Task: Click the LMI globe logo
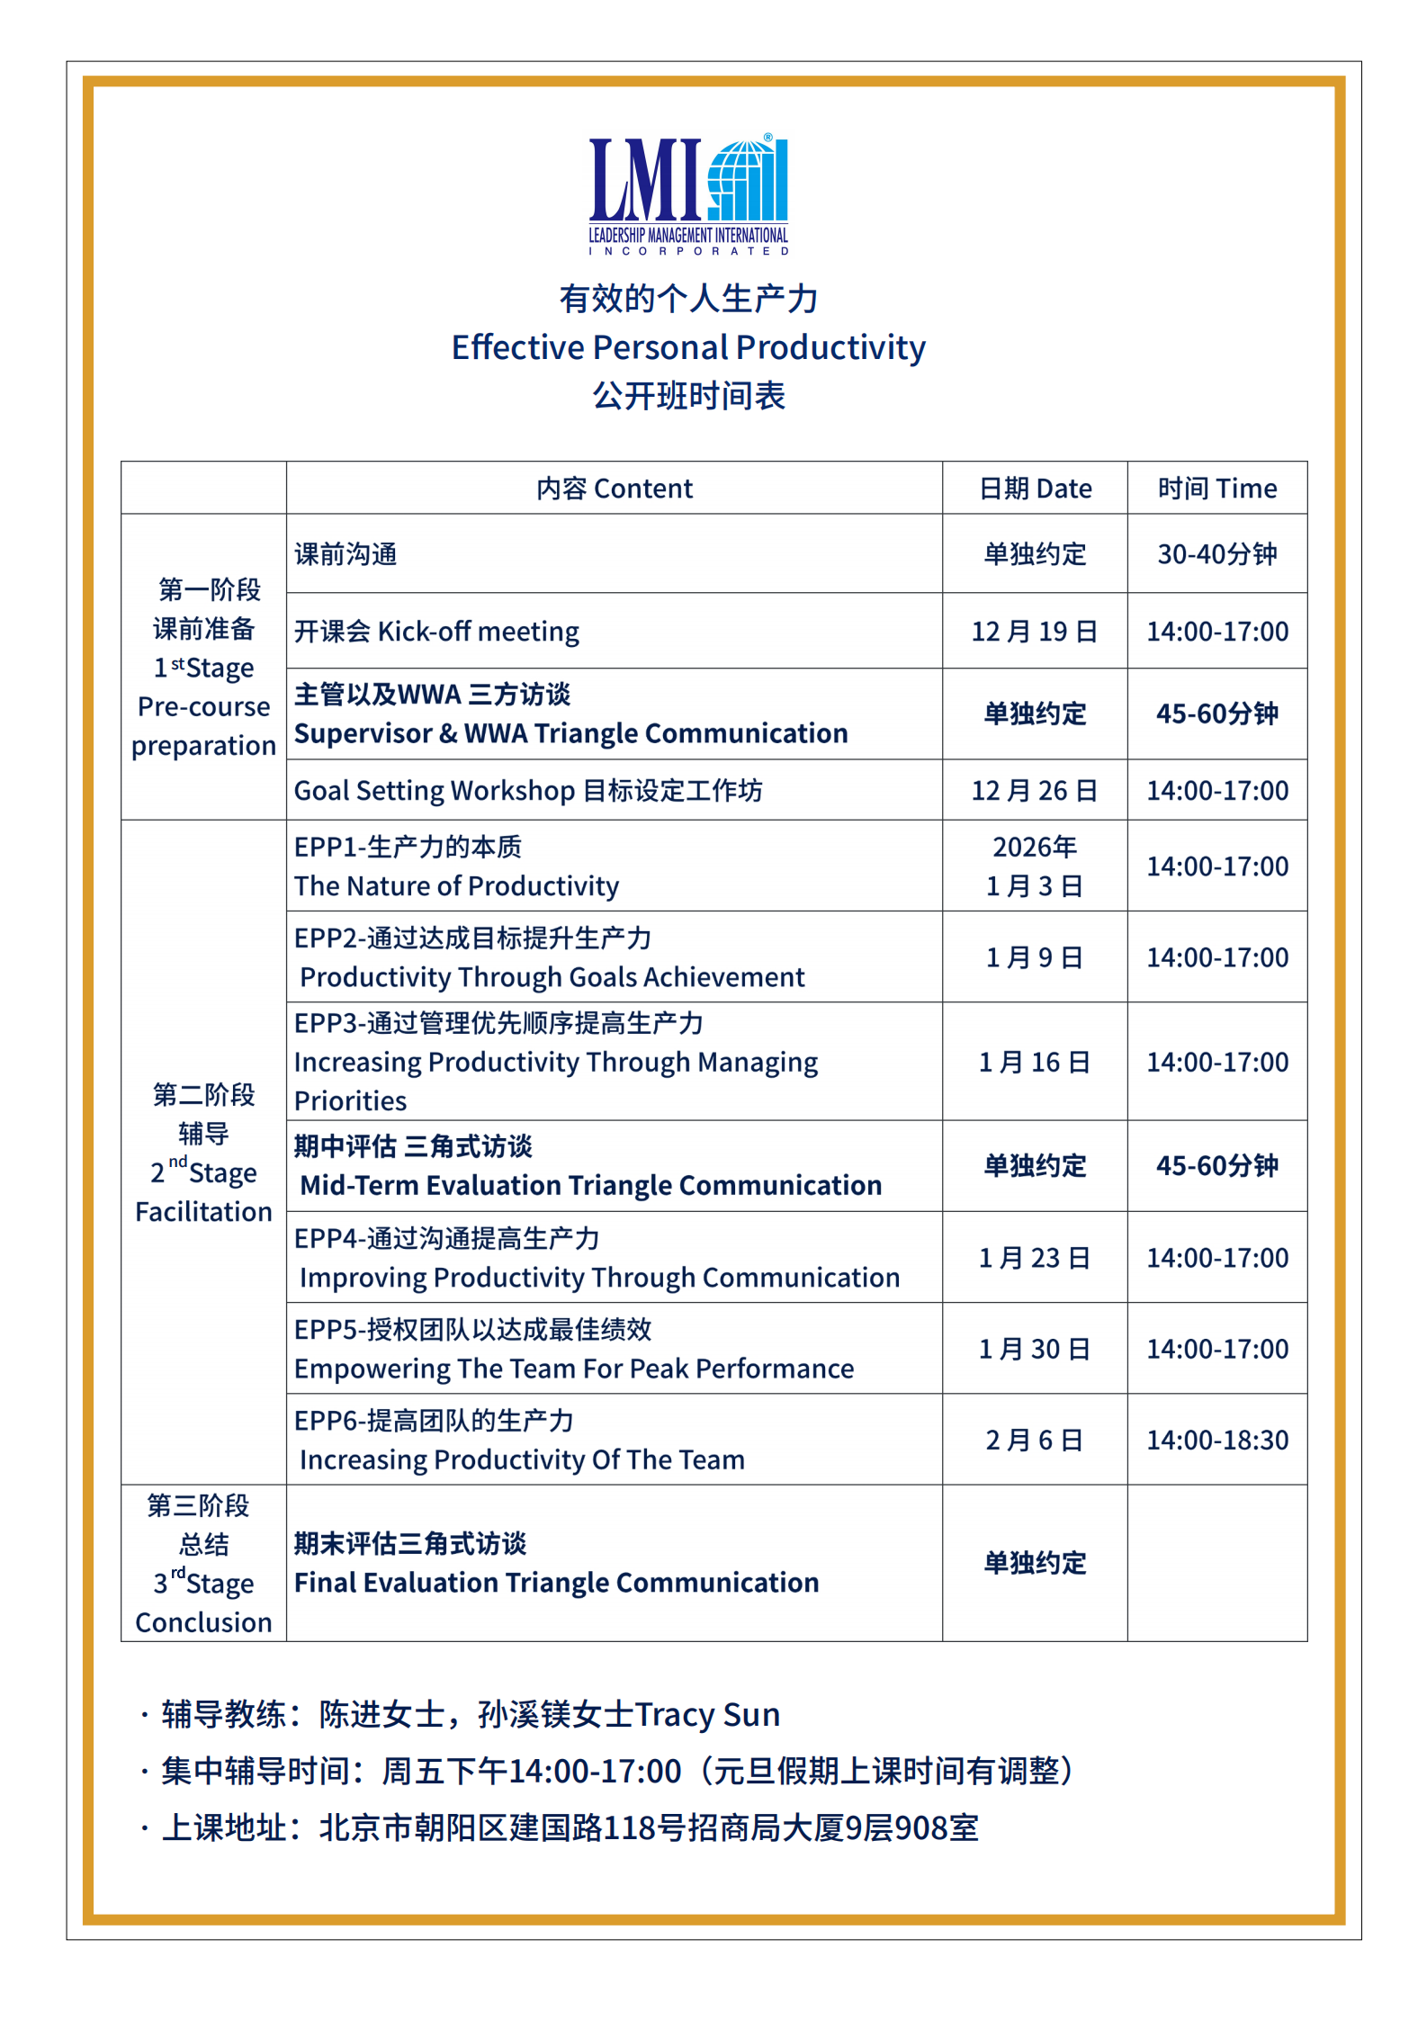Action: pyautogui.click(x=688, y=193)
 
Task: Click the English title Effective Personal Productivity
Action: pyautogui.click(x=688, y=347)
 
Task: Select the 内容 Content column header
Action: pyautogui.click(x=615, y=489)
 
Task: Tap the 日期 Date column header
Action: pyautogui.click(x=1035, y=489)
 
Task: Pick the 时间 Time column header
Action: pyautogui.click(x=1216, y=489)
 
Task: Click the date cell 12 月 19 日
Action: pyautogui.click(x=1035, y=632)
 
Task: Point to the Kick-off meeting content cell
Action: pyautogui.click(x=437, y=632)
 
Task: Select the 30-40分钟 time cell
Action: pyautogui.click(x=1216, y=554)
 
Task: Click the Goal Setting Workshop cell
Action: pyautogui.click(x=528, y=791)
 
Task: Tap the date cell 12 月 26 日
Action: pyautogui.click(x=1035, y=791)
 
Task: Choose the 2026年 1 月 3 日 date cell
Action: pyautogui.click(x=1035, y=866)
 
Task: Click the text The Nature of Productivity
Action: pyautogui.click(x=457, y=886)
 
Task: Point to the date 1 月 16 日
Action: pyautogui.click(x=1035, y=1063)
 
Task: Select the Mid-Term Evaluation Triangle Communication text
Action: pyautogui.click(x=590, y=1186)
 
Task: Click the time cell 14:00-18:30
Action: pyautogui.click(x=1216, y=1441)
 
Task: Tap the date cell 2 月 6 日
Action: pyautogui.click(x=1035, y=1441)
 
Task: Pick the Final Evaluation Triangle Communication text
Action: pyautogui.click(x=557, y=1583)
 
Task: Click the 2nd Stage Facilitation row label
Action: pyautogui.click(x=203, y=1154)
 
